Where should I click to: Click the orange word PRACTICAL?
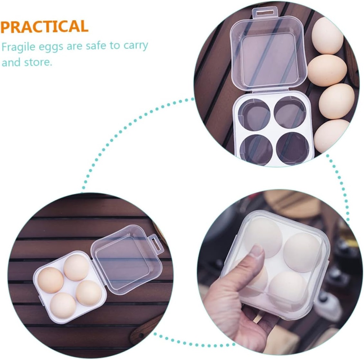click(44, 26)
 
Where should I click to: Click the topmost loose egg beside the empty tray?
click(327, 36)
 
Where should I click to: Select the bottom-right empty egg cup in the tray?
click(293, 148)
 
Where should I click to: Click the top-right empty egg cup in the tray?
click(290, 112)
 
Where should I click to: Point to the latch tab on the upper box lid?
click(265, 12)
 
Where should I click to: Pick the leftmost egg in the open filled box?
click(50, 280)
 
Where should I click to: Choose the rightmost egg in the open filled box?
click(89, 293)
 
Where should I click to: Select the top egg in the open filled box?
click(76, 268)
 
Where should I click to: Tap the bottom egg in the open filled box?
click(63, 306)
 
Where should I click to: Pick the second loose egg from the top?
click(327, 70)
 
